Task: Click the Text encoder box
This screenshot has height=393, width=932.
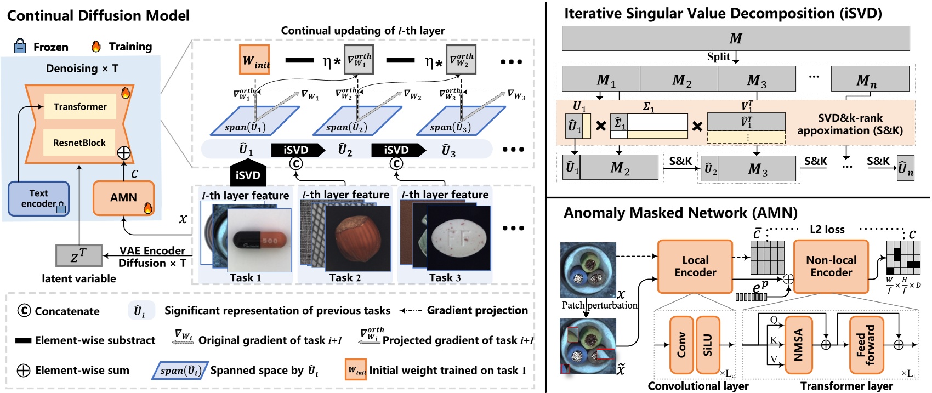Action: pyautogui.click(x=38, y=198)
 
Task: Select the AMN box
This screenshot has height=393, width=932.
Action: pyautogui.click(x=123, y=198)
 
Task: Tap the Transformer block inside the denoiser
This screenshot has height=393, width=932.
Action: pyautogui.click(x=80, y=107)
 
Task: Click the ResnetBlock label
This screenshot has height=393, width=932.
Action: pyautogui.click(x=79, y=143)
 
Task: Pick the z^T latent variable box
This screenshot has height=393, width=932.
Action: pyautogui.click(x=79, y=255)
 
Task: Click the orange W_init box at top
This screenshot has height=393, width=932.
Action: pyautogui.click(x=254, y=60)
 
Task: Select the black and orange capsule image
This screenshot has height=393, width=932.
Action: pyautogui.click(x=259, y=240)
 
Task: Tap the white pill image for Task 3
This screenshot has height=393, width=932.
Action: pyautogui.click(x=458, y=237)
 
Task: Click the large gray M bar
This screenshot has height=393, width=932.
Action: pyautogui.click(x=735, y=38)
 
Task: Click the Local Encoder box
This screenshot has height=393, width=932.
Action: pyautogui.click(x=695, y=266)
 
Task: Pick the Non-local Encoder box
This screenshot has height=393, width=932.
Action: pyautogui.click(x=831, y=266)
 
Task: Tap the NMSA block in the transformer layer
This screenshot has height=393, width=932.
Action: pyautogui.click(x=798, y=345)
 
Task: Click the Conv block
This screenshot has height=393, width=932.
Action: pyautogui.click(x=681, y=345)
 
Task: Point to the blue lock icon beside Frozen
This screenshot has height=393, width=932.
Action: pyautogui.click(x=20, y=46)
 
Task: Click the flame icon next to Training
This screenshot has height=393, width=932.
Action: pyautogui.click(x=96, y=46)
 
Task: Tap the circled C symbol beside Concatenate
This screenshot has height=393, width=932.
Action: pyautogui.click(x=24, y=311)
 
